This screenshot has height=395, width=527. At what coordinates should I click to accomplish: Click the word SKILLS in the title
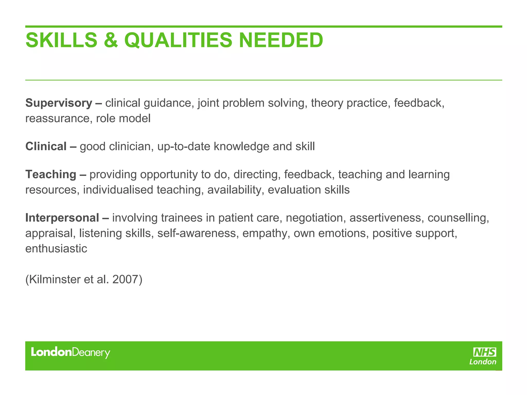(x=62, y=40)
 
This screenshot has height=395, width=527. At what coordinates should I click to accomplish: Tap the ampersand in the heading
(x=111, y=40)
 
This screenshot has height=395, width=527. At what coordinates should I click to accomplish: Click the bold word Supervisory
(x=59, y=103)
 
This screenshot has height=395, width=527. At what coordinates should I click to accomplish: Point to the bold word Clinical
(x=46, y=146)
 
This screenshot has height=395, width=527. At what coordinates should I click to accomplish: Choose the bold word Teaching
(x=51, y=174)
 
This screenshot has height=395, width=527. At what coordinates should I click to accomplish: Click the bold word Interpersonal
(x=62, y=218)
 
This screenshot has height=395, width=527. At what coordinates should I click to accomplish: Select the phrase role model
(x=123, y=119)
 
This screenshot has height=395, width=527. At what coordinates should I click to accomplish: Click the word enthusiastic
(x=56, y=249)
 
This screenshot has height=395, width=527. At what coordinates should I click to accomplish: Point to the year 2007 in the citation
(x=125, y=279)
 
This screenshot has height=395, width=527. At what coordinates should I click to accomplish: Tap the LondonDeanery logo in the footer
(x=71, y=352)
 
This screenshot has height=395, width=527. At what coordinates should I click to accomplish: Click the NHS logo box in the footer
(x=485, y=352)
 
